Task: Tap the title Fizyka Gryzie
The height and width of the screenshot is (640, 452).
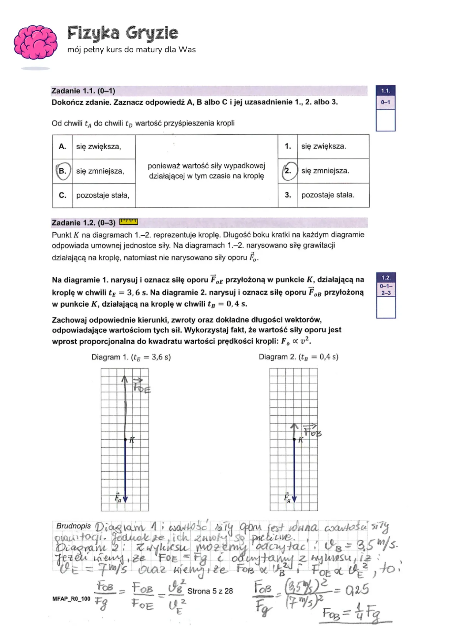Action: pyautogui.click(x=123, y=33)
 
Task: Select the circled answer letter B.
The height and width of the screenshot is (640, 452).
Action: pyautogui.click(x=63, y=171)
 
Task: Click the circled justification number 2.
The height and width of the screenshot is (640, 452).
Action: pyautogui.click(x=288, y=171)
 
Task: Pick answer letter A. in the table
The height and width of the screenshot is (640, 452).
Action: pyautogui.click(x=62, y=146)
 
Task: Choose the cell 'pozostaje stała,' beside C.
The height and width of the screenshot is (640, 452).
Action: pyautogui.click(x=103, y=195)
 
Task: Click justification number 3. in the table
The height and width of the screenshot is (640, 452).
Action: pyautogui.click(x=288, y=195)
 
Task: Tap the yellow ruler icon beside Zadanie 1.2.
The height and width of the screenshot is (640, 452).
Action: pyautogui.click(x=128, y=222)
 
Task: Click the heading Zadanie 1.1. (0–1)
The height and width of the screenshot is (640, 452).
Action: pyautogui.click(x=83, y=91)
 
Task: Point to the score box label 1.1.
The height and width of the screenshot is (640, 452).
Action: pyautogui.click(x=385, y=91)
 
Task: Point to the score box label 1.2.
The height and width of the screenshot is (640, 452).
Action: pyautogui.click(x=386, y=278)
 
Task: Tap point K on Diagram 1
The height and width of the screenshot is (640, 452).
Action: pyautogui.click(x=125, y=440)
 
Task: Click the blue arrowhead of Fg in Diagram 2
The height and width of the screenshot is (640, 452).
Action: pyautogui.click(x=294, y=499)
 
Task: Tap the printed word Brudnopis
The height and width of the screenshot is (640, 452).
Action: pyautogui.click(x=74, y=526)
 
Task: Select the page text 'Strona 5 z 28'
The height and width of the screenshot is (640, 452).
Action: pyautogui.click(x=210, y=591)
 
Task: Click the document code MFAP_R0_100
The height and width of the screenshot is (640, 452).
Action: pyautogui.click(x=71, y=599)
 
